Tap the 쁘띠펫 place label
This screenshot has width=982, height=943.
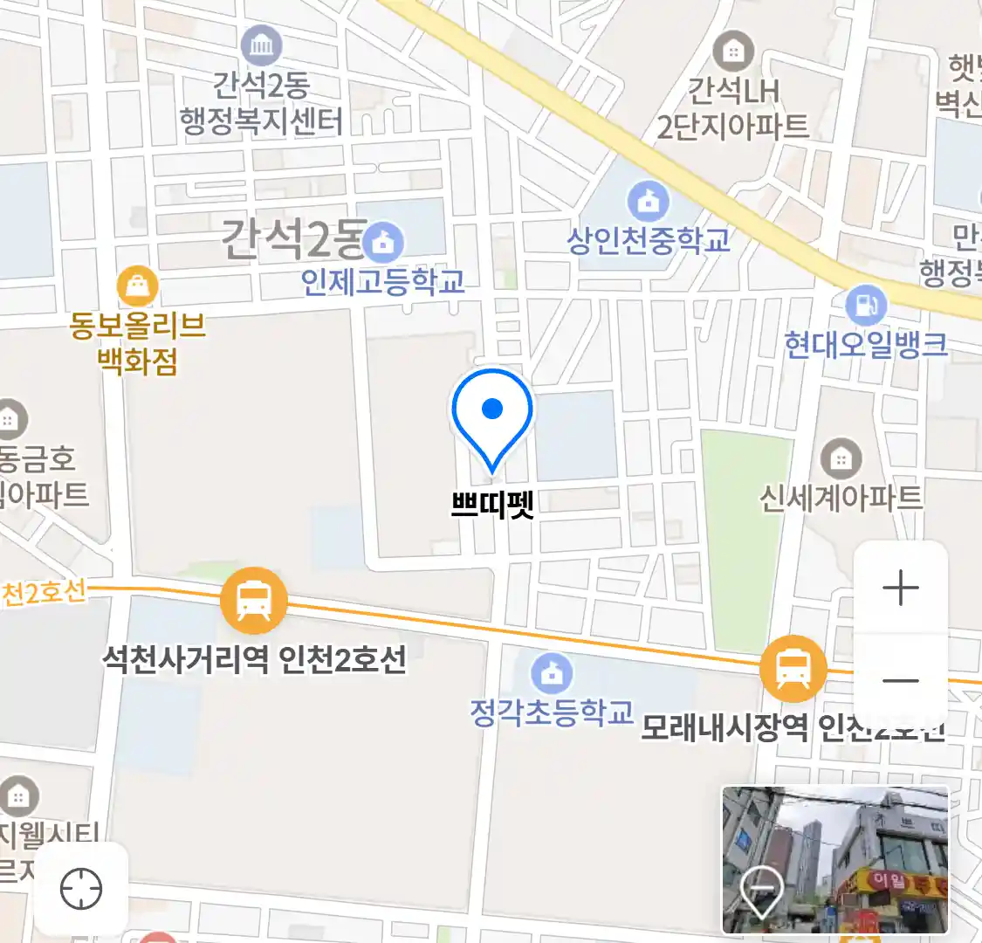pyautogui.click(x=492, y=505)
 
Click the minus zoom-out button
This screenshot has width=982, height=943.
pyautogui.click(x=901, y=681)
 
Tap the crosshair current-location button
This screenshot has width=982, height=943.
pyautogui.click(x=81, y=890)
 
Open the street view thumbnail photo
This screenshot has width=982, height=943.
pyautogui.click(x=834, y=859)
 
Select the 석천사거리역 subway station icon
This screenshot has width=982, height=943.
pyautogui.click(x=253, y=601)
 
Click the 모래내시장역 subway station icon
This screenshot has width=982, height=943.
pyautogui.click(x=793, y=669)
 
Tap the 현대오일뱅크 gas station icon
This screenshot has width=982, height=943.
pyautogui.click(x=865, y=306)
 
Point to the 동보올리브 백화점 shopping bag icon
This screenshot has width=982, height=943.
pyautogui.click(x=137, y=286)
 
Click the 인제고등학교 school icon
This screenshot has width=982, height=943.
pyautogui.click(x=383, y=242)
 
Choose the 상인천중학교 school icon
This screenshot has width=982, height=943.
pyautogui.click(x=648, y=202)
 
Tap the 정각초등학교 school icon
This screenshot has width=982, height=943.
pyautogui.click(x=552, y=672)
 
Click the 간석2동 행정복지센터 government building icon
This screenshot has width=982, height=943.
pyautogui.click(x=261, y=45)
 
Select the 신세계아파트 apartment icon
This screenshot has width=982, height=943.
pyautogui.click(x=841, y=457)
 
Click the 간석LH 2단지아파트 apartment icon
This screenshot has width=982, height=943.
pyautogui.click(x=732, y=52)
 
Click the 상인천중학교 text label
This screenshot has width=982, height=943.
pyautogui.click(x=649, y=240)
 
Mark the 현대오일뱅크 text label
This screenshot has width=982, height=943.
pyautogui.click(x=865, y=345)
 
